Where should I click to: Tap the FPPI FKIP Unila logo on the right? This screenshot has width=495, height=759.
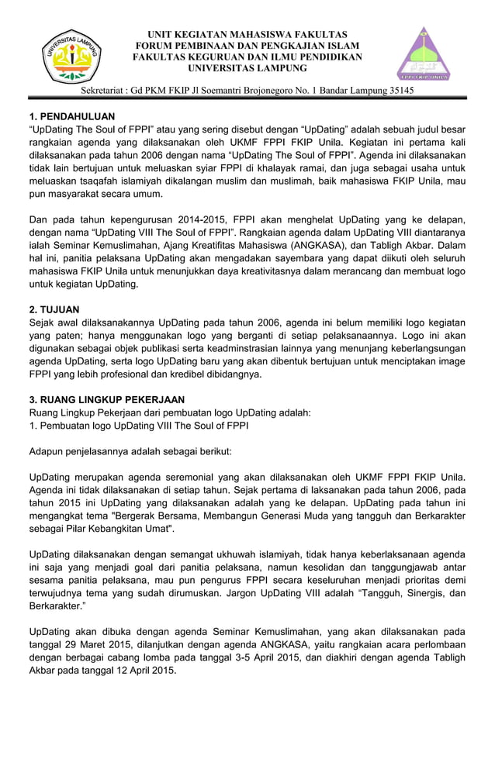tap(424, 55)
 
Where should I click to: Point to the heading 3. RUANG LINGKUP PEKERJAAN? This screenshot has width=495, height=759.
tap(101, 399)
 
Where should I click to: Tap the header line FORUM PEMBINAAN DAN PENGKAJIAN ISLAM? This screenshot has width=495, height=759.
tap(247, 46)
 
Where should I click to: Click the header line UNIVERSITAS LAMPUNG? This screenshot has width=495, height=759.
tap(247, 69)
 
